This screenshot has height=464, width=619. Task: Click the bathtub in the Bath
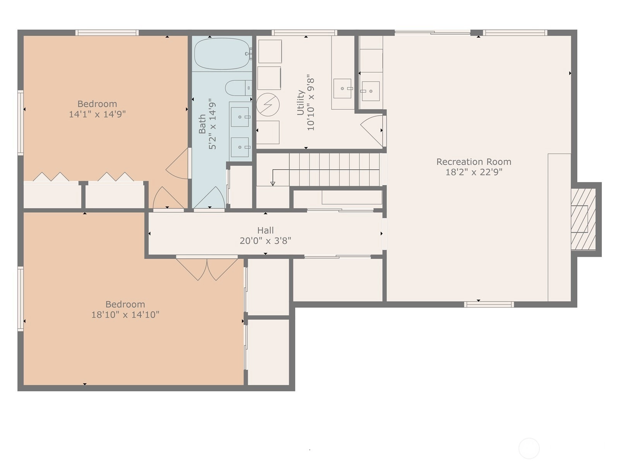pos(222,53)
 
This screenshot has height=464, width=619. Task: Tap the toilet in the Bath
pos(239,88)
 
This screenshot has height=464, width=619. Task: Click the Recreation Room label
pos(474,162)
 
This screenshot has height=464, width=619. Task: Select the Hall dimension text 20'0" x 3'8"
pos(265,241)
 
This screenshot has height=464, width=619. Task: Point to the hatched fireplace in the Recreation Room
pos(583,219)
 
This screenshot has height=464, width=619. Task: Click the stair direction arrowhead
pos(273,184)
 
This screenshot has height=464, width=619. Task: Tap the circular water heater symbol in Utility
pos(268,104)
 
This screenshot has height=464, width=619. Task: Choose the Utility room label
pos(301,102)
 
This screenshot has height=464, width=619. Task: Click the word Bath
pos(202,124)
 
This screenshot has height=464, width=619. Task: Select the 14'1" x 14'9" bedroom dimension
pos(97,114)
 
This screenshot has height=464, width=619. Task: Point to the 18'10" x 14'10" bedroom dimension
pos(125,314)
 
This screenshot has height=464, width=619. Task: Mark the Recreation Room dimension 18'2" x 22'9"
pos(474,172)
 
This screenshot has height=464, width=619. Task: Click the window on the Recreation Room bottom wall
pos(489,304)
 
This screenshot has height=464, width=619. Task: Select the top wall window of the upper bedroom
pos(107,33)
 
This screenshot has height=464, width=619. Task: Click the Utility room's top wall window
pos(304,33)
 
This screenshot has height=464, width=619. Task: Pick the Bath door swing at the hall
pos(209,198)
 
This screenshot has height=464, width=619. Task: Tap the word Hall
pos(265,230)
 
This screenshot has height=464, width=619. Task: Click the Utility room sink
pos(342,89)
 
